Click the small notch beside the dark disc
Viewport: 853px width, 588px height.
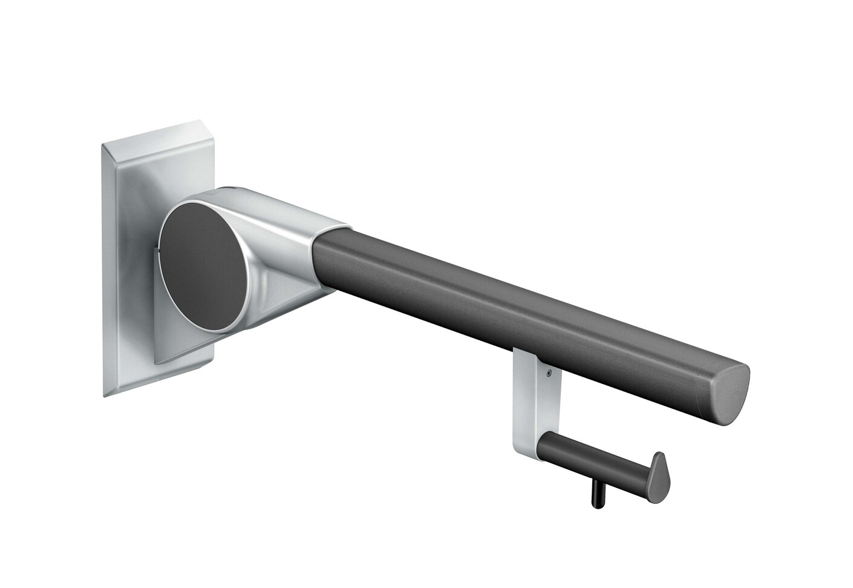click(159, 248)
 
